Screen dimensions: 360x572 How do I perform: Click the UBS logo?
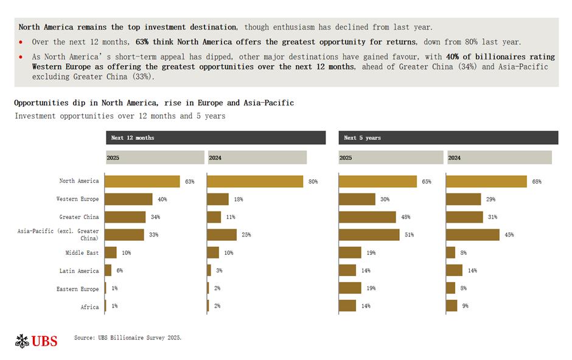coord(36,341)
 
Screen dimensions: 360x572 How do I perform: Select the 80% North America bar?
coord(255,181)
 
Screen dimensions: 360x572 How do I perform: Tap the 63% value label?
coord(190,181)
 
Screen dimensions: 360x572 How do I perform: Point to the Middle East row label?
coord(82,252)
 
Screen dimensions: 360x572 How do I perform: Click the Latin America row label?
coord(79,271)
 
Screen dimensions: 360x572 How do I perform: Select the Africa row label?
coord(89,307)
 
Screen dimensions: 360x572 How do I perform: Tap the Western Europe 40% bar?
coord(128,199)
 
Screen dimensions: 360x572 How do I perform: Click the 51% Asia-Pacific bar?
coord(369,235)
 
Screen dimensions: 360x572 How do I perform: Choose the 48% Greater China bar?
coord(367,217)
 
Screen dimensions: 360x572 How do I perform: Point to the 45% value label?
coord(509,235)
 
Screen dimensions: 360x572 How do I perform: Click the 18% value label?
coord(238,199)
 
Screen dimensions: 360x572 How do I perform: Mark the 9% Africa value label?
coord(466,306)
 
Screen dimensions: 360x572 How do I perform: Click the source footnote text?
coord(128,337)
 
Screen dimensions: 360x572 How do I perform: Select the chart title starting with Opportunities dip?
coord(154,103)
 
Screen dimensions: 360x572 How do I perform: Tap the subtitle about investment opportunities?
coord(120,116)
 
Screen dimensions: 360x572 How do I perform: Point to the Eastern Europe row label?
coord(77,289)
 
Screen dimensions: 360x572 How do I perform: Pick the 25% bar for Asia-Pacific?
coord(222,235)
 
